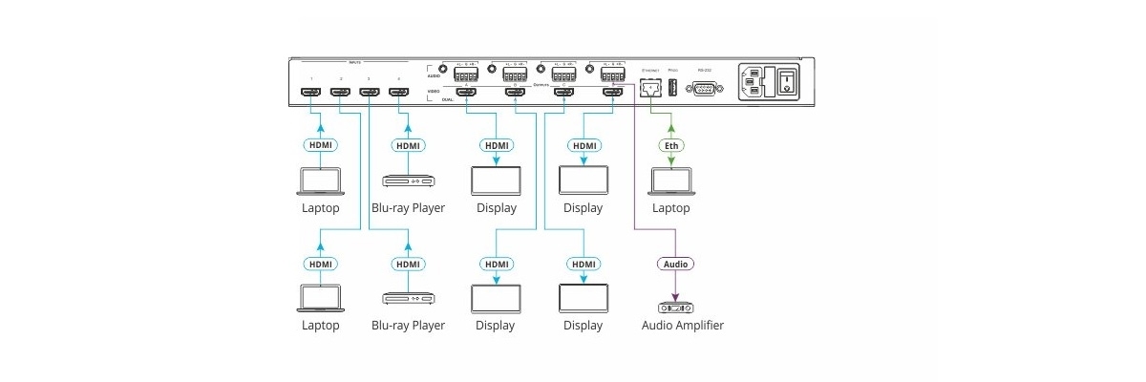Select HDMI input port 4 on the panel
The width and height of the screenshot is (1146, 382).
[398, 94]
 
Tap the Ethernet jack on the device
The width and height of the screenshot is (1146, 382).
[651, 89]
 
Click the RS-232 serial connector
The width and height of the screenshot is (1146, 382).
[704, 89]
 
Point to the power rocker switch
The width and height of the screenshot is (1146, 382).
[786, 82]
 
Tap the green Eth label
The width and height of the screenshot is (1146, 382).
[671, 146]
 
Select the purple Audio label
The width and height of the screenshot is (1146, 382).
[675, 264]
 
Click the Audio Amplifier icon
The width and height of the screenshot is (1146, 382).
[675, 308]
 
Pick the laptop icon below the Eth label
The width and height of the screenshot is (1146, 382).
[671, 181]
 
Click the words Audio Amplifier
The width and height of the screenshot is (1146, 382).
[682, 326]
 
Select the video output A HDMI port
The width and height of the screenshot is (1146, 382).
[467, 94]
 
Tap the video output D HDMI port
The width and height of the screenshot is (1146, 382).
[612, 94]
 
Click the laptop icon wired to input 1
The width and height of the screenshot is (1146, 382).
[320, 181]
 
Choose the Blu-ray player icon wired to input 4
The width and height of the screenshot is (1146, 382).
[408, 180]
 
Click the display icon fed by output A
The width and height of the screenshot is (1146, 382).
[497, 180]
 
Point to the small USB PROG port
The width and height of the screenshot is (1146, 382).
[672, 89]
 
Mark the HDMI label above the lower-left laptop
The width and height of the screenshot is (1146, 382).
[320, 264]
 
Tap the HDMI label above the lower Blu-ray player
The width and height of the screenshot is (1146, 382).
[408, 264]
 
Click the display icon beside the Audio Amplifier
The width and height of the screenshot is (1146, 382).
[583, 299]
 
